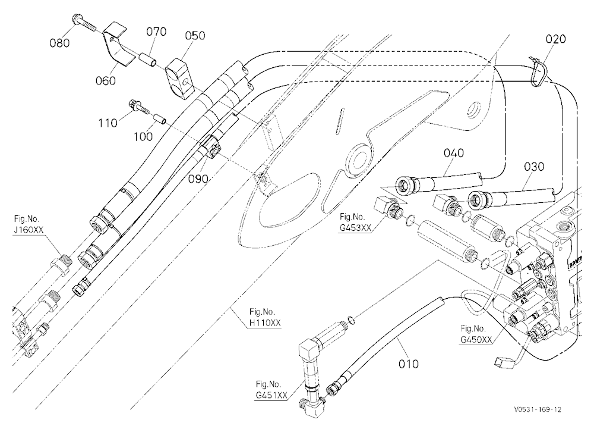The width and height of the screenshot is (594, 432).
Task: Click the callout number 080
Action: [59, 43]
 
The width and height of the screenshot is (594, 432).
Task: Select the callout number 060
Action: [106, 80]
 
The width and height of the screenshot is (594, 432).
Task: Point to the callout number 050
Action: [195, 35]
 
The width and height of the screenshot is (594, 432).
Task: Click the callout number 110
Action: [108, 123]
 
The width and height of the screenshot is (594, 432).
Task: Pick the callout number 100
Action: [143, 136]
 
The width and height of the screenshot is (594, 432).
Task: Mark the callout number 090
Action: [198, 179]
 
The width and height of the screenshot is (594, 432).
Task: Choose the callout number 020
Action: [556, 39]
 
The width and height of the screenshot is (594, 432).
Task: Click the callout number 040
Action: [454, 153]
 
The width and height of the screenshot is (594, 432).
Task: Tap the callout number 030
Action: [534, 166]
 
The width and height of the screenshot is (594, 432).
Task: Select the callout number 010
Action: [409, 364]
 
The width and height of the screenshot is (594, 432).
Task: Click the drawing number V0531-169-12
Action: [538, 409]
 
